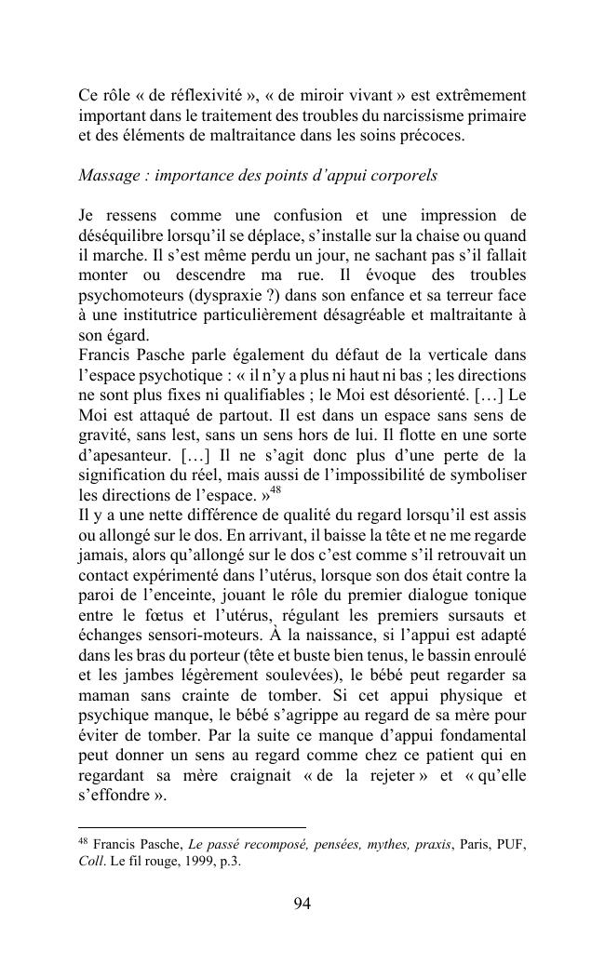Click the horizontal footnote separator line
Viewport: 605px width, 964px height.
point(192,826)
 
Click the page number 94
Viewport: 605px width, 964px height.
point(302,903)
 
